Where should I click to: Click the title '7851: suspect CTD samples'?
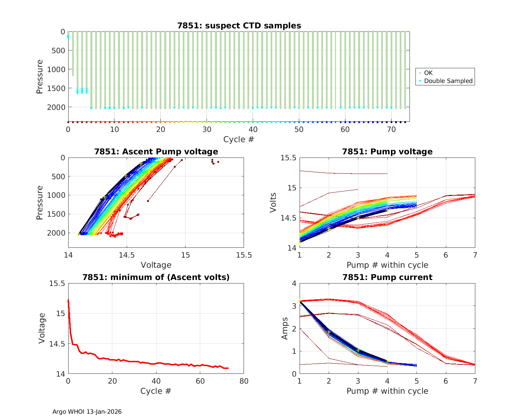(x=239, y=26)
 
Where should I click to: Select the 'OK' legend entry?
(x=428, y=73)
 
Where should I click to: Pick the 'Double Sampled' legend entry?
(x=448, y=81)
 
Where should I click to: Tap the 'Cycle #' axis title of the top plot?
(x=239, y=139)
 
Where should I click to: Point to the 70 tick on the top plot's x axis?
(x=391, y=129)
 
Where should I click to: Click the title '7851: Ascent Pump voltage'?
(x=156, y=152)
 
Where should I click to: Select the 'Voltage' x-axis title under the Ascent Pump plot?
(x=156, y=265)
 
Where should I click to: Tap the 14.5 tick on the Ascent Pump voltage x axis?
(x=127, y=255)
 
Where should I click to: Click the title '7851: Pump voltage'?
(x=387, y=152)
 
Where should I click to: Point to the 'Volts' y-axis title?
(x=273, y=203)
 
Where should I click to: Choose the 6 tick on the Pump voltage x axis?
(x=446, y=255)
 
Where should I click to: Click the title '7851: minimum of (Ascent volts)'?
(x=156, y=277)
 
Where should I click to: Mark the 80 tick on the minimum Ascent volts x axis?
(x=244, y=381)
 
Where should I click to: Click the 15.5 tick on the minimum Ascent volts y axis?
(x=58, y=283)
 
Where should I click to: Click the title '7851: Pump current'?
(x=387, y=277)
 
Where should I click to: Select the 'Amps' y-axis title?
(x=285, y=328)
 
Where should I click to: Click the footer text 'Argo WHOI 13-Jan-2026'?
(x=87, y=412)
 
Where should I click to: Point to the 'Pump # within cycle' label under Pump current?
(x=387, y=391)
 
